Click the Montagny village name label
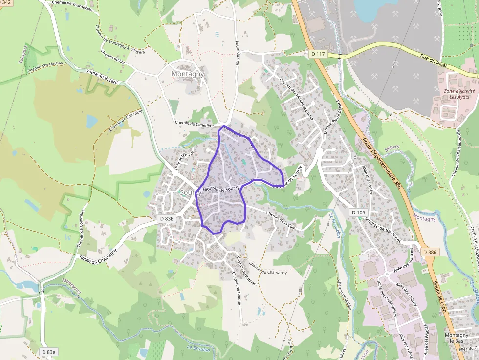[188, 74]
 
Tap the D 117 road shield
[318, 53]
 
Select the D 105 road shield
[358, 212]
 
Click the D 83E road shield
[167, 219]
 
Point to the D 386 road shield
[430, 252]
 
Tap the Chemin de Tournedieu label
[72, 5]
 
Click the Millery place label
[392, 147]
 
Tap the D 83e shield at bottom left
[49, 352]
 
